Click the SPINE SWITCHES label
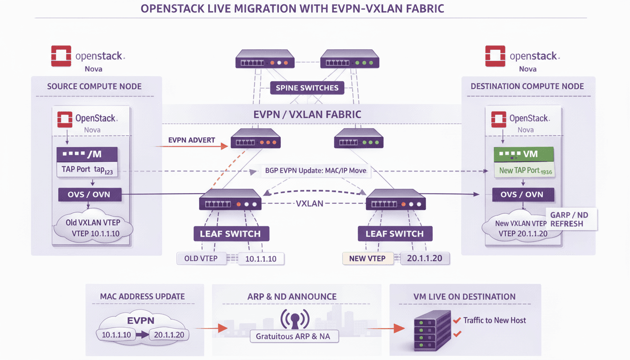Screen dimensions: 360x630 tap(307, 88)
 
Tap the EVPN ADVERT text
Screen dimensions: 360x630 tap(191, 140)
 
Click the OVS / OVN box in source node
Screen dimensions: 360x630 tap(90, 195)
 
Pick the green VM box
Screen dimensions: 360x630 tap(524, 154)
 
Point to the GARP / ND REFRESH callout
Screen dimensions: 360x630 tap(569, 219)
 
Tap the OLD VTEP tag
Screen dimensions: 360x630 tap(201, 258)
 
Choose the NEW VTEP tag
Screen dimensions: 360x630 tap(367, 258)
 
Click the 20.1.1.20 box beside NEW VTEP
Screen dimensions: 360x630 tap(425, 258)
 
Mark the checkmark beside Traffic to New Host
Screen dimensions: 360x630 tap(457, 321)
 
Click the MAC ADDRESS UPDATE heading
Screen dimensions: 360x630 tap(142, 296)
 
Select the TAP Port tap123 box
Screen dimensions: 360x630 tap(88, 170)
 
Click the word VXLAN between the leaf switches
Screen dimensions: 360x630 tap(310, 204)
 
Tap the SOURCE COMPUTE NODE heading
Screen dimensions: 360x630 tap(94, 86)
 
